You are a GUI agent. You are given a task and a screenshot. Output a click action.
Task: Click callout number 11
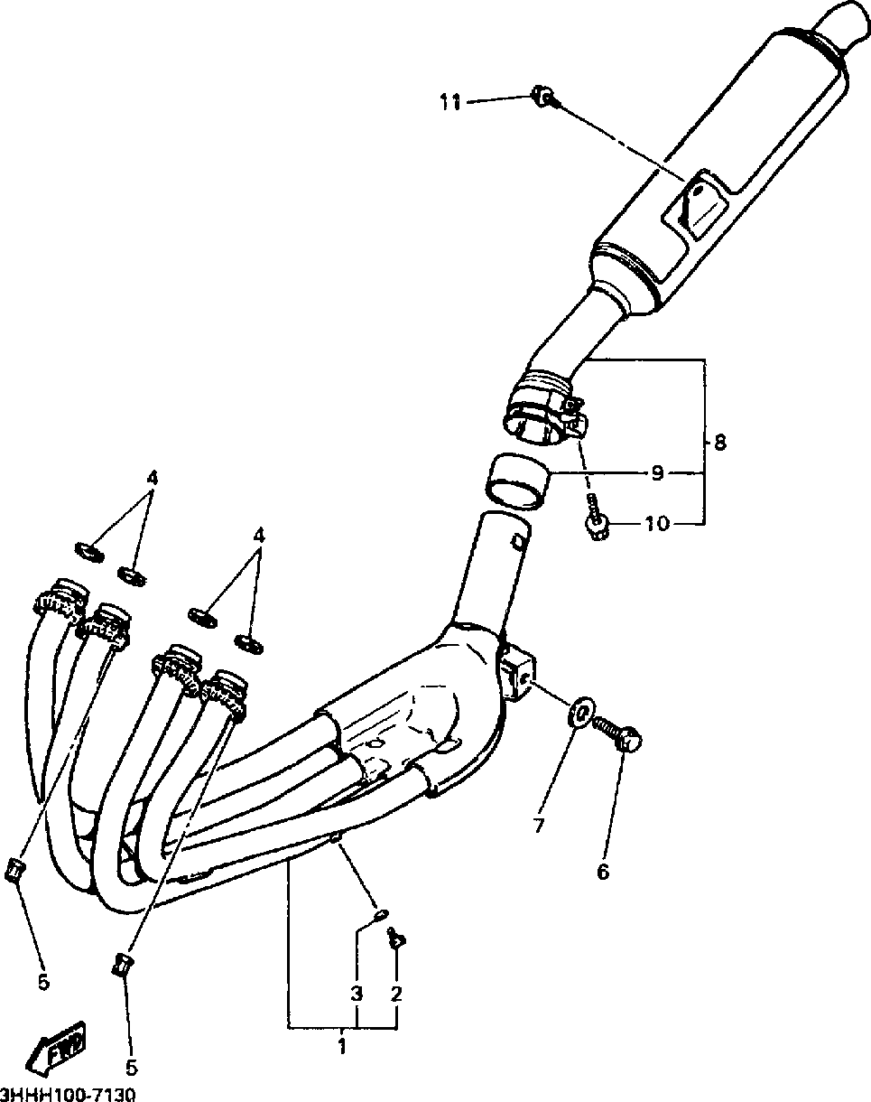pos(450,103)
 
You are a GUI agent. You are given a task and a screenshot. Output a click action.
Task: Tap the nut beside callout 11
pos(543,96)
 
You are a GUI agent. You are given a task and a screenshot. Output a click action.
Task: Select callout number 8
pos(719,443)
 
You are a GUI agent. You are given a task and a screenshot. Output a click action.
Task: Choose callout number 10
pos(657,524)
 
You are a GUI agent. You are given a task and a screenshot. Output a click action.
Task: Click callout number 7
pos(539,824)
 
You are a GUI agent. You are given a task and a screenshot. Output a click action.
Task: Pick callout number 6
pos(602,872)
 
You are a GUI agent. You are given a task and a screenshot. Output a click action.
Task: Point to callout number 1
pos(342,1047)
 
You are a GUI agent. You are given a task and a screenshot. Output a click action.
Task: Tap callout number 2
pos(395,995)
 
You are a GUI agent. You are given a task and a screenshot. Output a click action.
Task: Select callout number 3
pos(357,995)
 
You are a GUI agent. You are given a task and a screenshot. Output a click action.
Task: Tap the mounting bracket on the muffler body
pos(691,207)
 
